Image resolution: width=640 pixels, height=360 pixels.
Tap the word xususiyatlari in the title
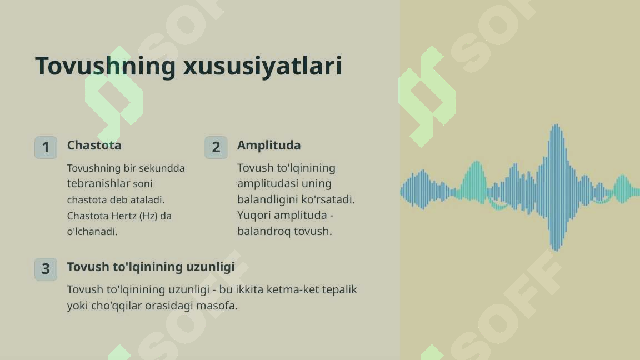pyautogui.click(x=262, y=66)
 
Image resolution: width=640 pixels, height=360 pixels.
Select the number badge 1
pyautogui.click(x=46, y=147)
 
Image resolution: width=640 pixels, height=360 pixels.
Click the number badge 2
pyautogui.click(x=216, y=147)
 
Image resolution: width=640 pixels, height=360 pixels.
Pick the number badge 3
pyautogui.click(x=46, y=269)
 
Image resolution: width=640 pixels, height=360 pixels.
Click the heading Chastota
pyautogui.click(x=94, y=146)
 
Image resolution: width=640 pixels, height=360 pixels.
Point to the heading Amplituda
pyautogui.click(x=269, y=146)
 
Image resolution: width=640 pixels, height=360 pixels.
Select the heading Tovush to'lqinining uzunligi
pyautogui.click(x=151, y=267)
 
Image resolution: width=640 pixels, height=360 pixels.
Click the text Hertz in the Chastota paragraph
pyautogui.click(x=124, y=216)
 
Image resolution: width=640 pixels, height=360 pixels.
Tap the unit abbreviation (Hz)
pyautogui.click(x=148, y=216)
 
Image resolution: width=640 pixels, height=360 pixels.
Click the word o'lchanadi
pyautogui.click(x=92, y=232)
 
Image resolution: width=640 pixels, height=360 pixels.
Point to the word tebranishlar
pyautogui.click(x=98, y=183)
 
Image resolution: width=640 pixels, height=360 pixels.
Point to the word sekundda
pyautogui.click(x=162, y=168)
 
